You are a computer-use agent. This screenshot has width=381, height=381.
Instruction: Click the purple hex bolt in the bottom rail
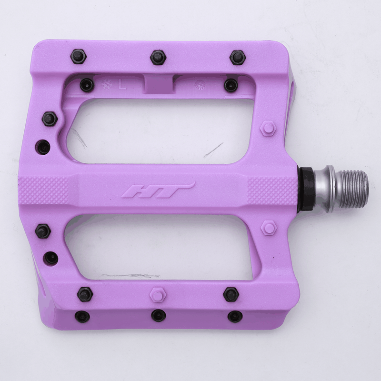point(158,294)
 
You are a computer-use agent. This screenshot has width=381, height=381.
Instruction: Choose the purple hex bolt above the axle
point(269,129)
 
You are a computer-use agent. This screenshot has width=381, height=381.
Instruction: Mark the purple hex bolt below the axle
point(269,227)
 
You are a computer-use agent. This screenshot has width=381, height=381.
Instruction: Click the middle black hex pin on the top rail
point(158,57)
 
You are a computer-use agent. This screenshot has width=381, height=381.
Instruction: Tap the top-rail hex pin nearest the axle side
point(237,57)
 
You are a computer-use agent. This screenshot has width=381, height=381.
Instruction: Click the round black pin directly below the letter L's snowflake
point(87,85)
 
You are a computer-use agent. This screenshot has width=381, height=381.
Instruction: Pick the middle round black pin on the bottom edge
point(158,315)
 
